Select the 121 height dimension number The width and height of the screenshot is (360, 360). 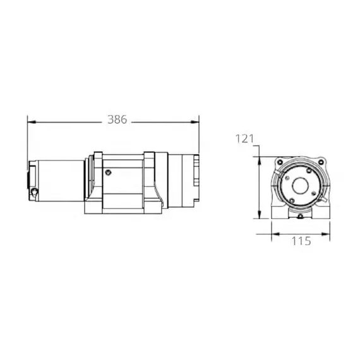click(245, 138)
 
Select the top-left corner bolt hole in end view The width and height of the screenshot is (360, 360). click(277, 163)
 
